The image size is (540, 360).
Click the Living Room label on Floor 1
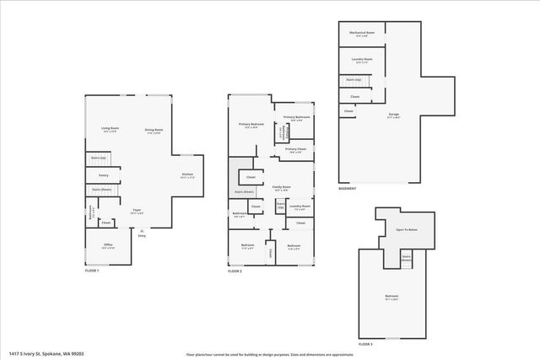click(110, 128)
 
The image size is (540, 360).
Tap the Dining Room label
click(154, 129)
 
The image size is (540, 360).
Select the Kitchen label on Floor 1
click(187, 175)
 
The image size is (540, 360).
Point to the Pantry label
click(104, 175)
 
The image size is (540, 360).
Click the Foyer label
click(136, 212)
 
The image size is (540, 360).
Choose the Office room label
click(109, 246)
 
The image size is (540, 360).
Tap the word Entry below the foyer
click(143, 236)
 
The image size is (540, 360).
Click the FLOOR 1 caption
click(92, 271)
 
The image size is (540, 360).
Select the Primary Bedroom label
click(251, 124)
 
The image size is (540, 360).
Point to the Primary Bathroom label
click(296, 117)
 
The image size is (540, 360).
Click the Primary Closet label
click(294, 149)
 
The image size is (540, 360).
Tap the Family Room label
click(281, 186)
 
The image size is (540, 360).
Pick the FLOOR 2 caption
click(235, 271)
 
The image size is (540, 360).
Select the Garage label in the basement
click(394, 113)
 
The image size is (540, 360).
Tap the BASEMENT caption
click(347, 188)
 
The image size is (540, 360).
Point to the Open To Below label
click(407, 228)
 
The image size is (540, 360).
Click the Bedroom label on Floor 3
click(392, 296)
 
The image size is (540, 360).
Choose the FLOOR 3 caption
click(365, 344)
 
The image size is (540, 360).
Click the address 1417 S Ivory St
click(46, 353)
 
